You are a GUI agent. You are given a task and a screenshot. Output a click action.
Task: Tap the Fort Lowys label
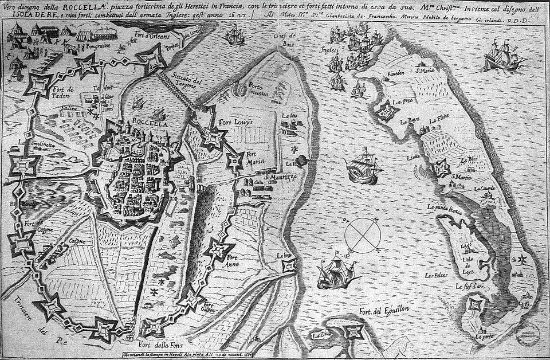[x=234, y=123]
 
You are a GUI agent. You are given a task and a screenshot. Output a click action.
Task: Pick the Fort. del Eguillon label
[x=384, y=311]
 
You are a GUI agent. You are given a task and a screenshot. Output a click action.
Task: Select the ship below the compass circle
[x=336, y=272]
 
